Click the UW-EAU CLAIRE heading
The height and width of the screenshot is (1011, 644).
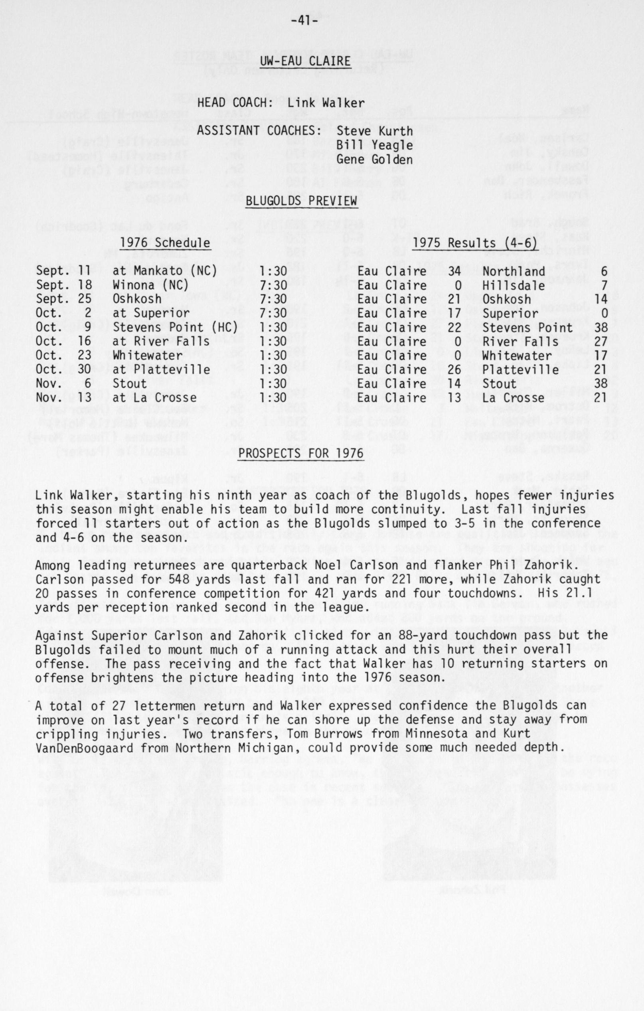click(x=305, y=61)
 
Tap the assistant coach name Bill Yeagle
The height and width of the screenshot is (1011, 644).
click(x=375, y=145)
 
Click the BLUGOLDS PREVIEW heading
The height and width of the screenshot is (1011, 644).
click(x=301, y=201)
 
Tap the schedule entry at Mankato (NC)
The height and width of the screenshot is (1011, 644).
click(x=164, y=271)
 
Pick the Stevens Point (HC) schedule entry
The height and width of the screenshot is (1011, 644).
click(x=175, y=328)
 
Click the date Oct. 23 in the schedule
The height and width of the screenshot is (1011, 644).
click(x=63, y=355)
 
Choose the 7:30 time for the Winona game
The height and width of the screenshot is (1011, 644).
click(x=273, y=286)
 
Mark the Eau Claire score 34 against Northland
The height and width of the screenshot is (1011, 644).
click(x=454, y=271)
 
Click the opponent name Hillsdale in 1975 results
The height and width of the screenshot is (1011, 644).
click(x=514, y=286)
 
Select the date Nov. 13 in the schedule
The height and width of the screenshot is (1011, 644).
click(x=63, y=398)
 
